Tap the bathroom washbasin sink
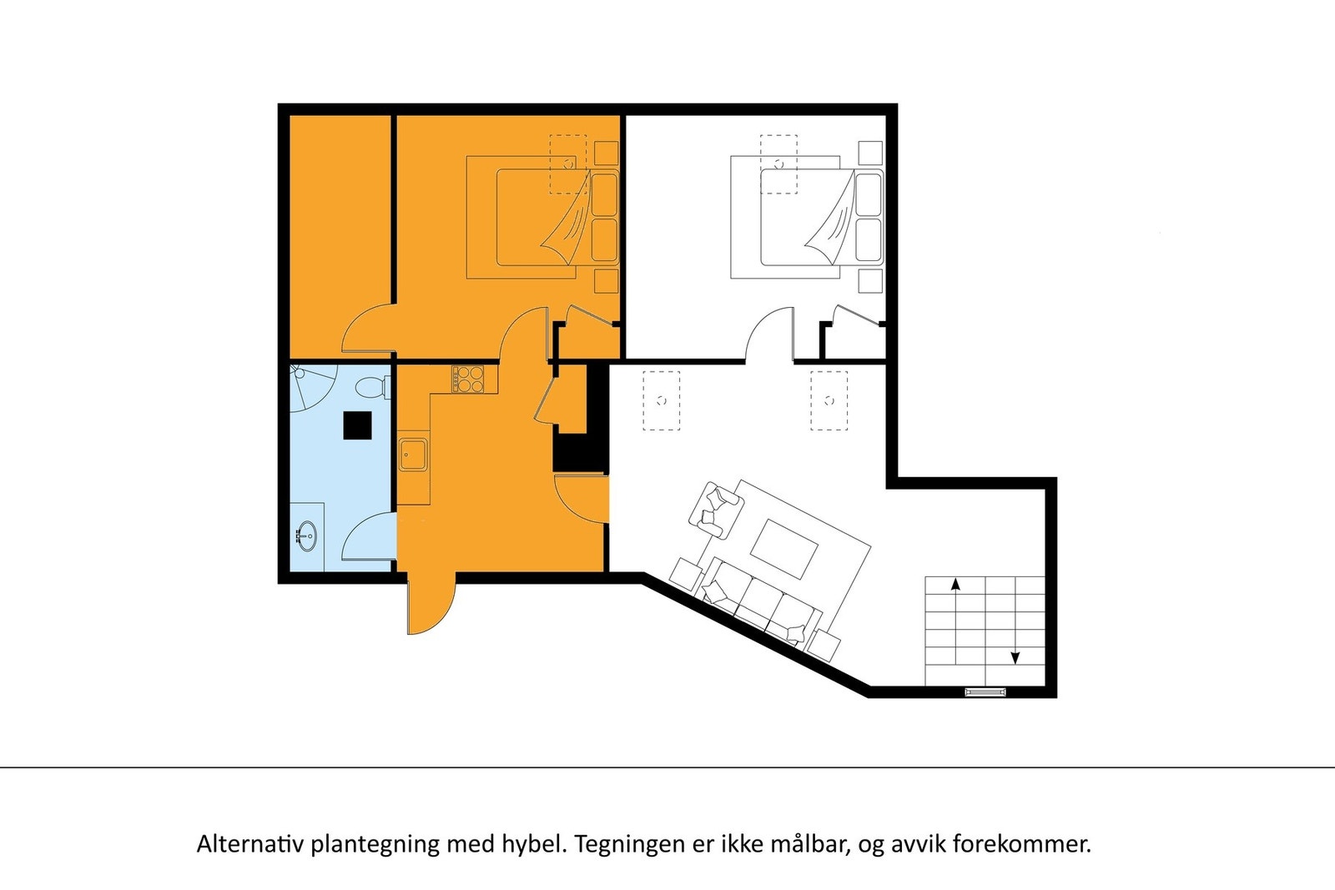307,535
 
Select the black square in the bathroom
358,425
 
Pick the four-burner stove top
468,379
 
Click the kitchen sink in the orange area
412,455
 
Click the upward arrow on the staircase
955,585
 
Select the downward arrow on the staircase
1015,657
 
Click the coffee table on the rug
784,549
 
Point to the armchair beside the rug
716,509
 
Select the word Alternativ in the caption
250,844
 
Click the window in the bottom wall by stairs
985,691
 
